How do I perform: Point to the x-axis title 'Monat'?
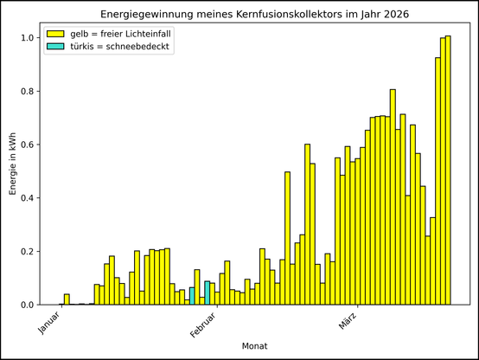[x=254, y=345]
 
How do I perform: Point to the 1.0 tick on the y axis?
[x=28, y=38]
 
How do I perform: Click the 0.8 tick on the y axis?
[x=28, y=92]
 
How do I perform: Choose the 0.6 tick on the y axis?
[x=28, y=145]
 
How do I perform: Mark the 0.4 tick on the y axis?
[x=28, y=198]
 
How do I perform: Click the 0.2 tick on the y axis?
[x=28, y=252]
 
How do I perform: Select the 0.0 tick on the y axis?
[x=28, y=305]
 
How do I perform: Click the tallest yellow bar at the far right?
[x=448, y=173]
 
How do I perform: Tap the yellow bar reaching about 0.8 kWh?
[x=393, y=199]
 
